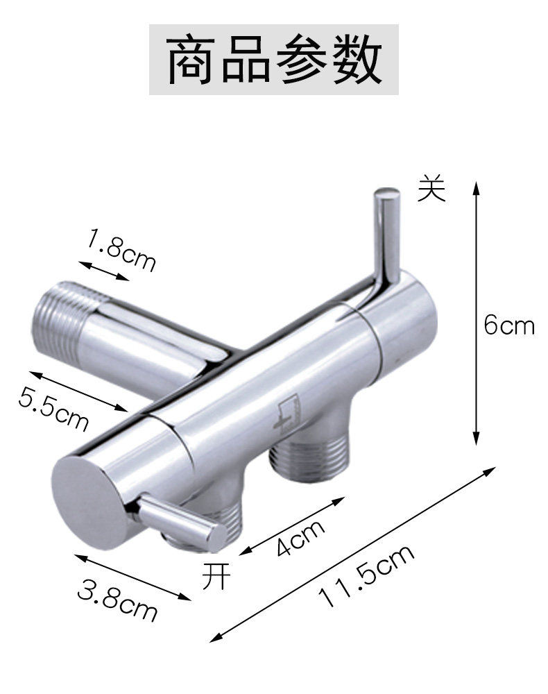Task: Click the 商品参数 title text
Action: tap(274, 60)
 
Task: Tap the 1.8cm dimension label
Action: tap(121, 249)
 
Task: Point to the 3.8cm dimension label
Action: tap(117, 600)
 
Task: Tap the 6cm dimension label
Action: tap(509, 325)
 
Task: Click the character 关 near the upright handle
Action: tap(431, 187)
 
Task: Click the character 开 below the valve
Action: tap(216, 576)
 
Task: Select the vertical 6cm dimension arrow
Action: tap(476, 314)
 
